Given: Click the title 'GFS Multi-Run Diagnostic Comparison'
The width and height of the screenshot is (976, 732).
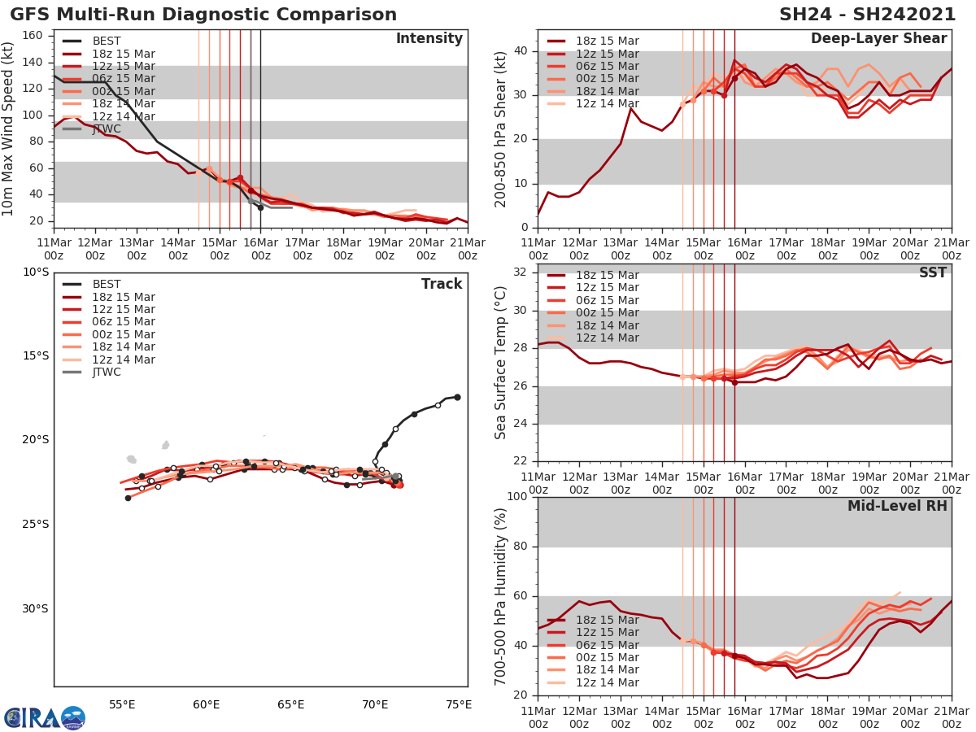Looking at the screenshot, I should click(x=203, y=15).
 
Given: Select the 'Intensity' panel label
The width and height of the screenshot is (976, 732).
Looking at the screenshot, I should click(x=429, y=39).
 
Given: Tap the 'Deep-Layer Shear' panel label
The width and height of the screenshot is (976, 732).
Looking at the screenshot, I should click(x=878, y=39).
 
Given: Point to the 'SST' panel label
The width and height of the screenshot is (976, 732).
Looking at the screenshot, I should click(x=932, y=273).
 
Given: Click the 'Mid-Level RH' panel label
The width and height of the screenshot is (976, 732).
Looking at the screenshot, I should click(x=897, y=506).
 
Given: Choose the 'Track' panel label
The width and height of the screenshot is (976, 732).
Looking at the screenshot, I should click(x=442, y=284).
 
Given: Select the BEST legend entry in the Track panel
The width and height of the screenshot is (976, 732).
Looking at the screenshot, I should click(x=107, y=284).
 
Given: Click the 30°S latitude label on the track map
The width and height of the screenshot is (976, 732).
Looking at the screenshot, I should click(x=36, y=608).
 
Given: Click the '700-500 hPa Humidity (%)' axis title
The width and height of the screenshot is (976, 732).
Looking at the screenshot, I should click(x=500, y=595).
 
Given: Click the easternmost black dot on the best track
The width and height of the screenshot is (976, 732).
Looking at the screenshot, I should click(x=457, y=397).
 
